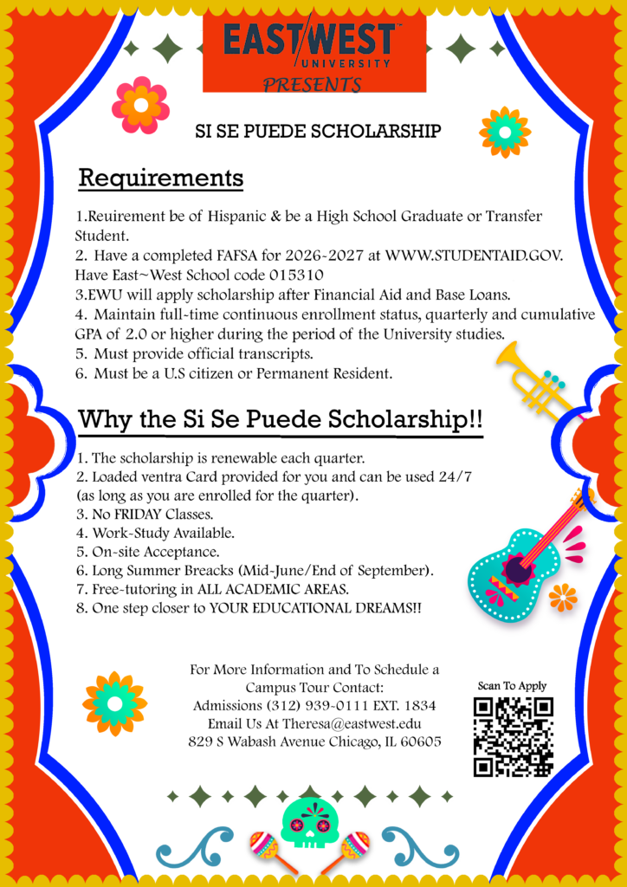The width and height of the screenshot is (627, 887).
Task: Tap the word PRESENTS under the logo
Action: click(313, 85)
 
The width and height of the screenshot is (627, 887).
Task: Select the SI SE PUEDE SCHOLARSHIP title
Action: click(318, 132)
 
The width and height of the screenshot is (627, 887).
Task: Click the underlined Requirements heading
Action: click(161, 178)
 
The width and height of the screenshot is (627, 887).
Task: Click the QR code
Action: click(513, 736)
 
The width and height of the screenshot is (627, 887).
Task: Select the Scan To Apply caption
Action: click(513, 686)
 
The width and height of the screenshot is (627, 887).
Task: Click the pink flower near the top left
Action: click(140, 104)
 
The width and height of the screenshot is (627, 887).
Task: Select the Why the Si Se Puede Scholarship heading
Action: click(280, 419)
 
